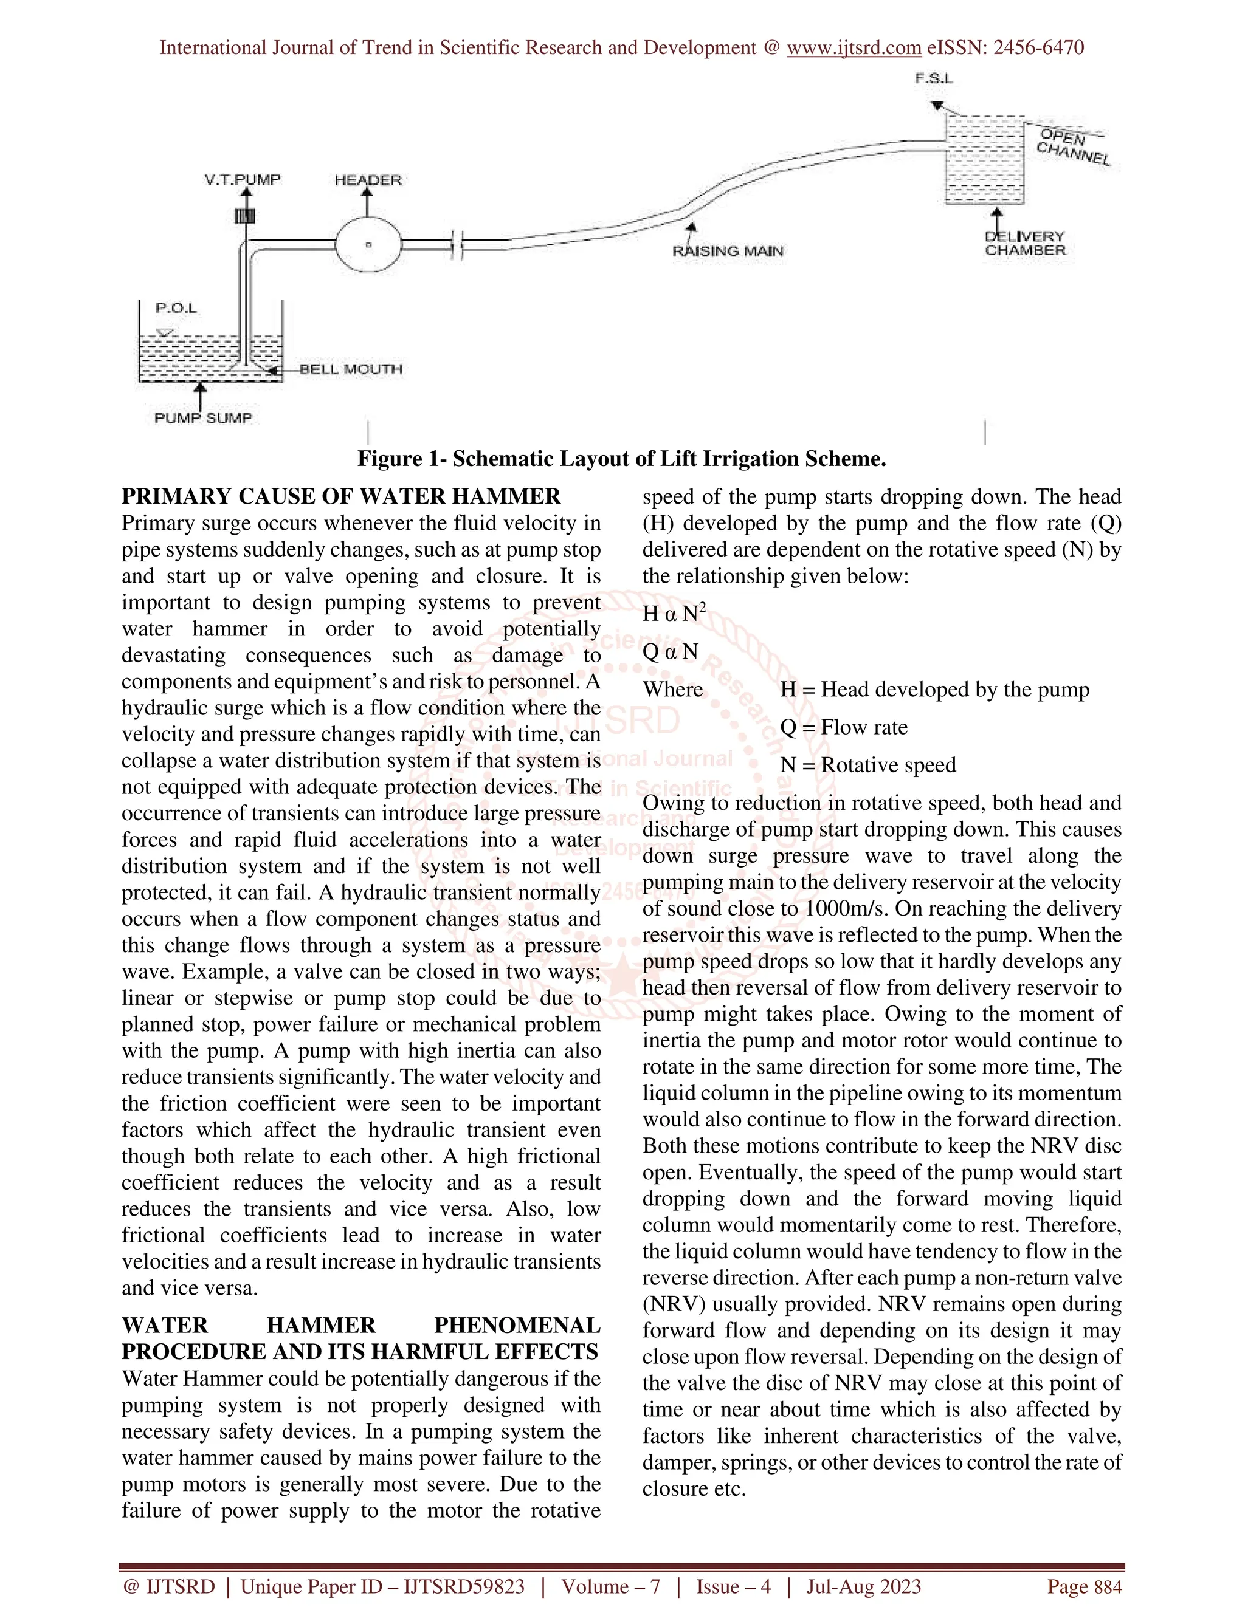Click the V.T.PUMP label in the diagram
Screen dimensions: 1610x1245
(243, 180)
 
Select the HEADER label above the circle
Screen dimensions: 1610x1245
(367, 180)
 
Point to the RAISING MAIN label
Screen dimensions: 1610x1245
(727, 252)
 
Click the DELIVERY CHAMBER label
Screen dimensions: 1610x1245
(1025, 243)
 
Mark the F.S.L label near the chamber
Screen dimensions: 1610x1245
(934, 78)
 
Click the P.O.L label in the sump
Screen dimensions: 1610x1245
(176, 308)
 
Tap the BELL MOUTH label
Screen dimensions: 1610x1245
(351, 369)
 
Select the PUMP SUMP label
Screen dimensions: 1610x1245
(204, 418)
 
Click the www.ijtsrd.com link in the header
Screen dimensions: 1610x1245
(854, 48)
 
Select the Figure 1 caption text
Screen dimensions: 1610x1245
(622, 459)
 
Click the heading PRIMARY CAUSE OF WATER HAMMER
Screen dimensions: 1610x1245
(341, 496)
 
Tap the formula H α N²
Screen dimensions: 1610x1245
(674, 612)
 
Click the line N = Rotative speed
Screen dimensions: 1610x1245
(867, 764)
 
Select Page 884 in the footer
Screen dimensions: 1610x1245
(1085, 1586)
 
